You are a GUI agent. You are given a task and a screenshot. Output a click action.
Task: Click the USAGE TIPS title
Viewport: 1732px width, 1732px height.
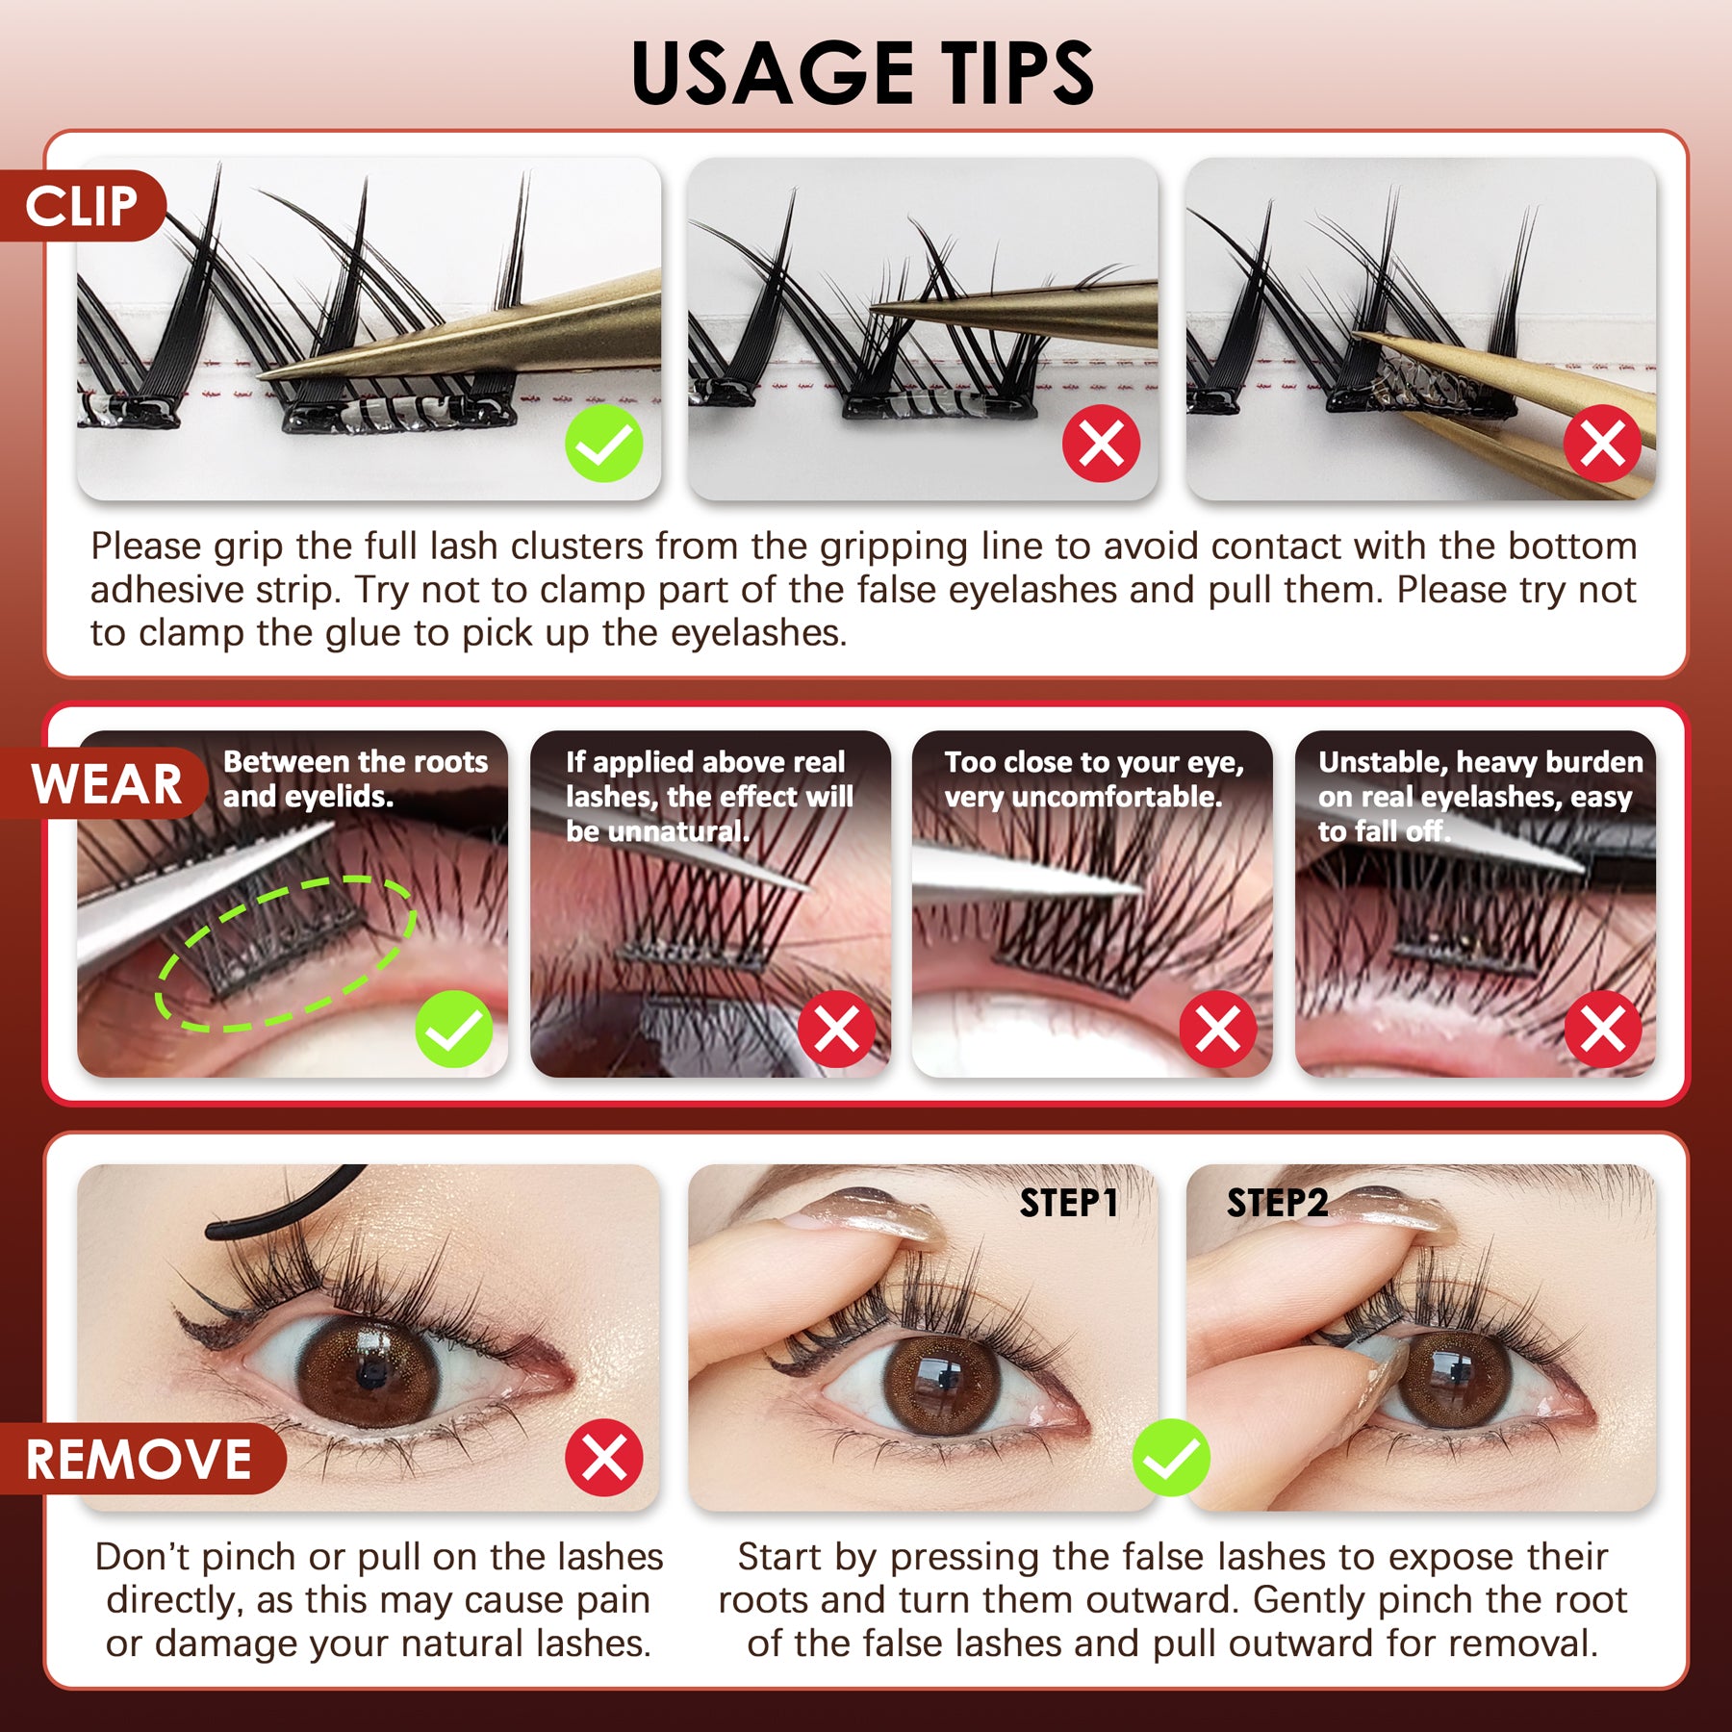click(863, 73)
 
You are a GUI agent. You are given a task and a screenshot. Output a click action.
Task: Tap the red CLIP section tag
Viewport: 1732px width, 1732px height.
click(83, 206)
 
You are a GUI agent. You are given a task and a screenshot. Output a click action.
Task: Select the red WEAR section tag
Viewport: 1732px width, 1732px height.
click(106, 783)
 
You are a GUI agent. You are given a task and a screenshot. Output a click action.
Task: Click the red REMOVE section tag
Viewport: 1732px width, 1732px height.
click(140, 1459)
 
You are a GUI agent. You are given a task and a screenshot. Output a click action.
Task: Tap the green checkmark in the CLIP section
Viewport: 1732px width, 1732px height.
click(604, 444)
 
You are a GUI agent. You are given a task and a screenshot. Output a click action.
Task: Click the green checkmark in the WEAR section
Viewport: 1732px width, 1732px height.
click(454, 1029)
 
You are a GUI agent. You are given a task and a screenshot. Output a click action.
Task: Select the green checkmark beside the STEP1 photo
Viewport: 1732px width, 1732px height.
click(1171, 1457)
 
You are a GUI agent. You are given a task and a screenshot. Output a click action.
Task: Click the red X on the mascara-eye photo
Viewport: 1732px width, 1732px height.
click(604, 1457)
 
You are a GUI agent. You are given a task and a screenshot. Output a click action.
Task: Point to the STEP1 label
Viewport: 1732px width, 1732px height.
click(1068, 1203)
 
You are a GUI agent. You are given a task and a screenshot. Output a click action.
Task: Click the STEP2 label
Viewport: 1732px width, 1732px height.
click(1277, 1203)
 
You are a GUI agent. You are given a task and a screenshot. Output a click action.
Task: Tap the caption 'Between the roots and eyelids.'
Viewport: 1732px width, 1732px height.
click(355, 779)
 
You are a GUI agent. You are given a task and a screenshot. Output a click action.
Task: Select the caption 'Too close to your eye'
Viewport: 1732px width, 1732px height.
click(1093, 779)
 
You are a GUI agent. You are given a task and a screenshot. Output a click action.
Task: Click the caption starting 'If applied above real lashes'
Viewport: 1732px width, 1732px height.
click(709, 796)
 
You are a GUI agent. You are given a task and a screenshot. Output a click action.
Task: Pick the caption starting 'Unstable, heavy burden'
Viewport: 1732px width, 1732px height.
click(1480, 796)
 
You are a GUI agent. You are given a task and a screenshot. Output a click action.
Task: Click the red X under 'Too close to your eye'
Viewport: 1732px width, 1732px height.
click(1218, 1029)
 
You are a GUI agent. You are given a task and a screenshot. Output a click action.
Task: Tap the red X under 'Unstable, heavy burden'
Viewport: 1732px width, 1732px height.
click(1603, 1029)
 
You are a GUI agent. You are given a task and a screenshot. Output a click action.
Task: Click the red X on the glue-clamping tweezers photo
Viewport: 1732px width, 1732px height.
click(1602, 444)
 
